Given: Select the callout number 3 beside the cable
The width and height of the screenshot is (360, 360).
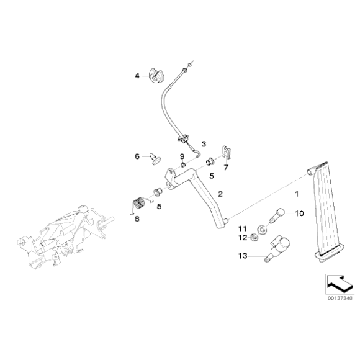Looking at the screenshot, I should (x=202, y=143).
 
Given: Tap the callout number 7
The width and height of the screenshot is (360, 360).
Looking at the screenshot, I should (x=226, y=167).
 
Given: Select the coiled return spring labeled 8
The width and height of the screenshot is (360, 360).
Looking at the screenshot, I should (x=139, y=203).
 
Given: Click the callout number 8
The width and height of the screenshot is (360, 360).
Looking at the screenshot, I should (x=138, y=218).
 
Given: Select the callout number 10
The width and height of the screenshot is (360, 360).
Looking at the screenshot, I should (x=299, y=214).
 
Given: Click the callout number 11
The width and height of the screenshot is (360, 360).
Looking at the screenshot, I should (x=243, y=228).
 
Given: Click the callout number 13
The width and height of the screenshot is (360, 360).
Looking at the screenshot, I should (x=242, y=255).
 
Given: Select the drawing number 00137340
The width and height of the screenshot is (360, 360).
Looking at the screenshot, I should (x=340, y=298).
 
